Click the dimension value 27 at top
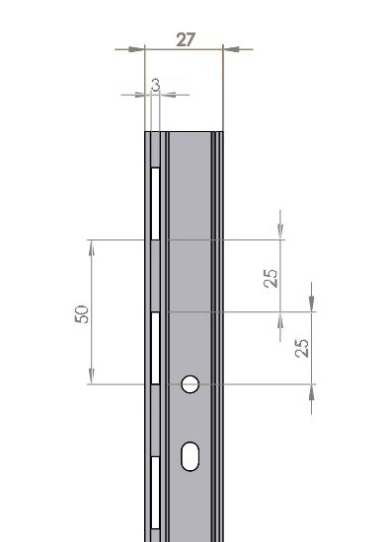pyautogui.click(x=186, y=39)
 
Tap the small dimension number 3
pyautogui.click(x=156, y=85)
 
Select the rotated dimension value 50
pyautogui.click(x=82, y=313)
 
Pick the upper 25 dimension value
pyautogui.click(x=270, y=278)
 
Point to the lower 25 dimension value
pyautogui.click(x=301, y=348)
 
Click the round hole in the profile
pyautogui.click(x=191, y=384)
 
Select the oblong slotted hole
pyautogui.click(x=191, y=456)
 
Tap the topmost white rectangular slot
pyautogui.click(x=155, y=204)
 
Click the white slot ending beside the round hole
pyautogui.click(x=155, y=348)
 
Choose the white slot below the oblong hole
pyautogui.click(x=155, y=493)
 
